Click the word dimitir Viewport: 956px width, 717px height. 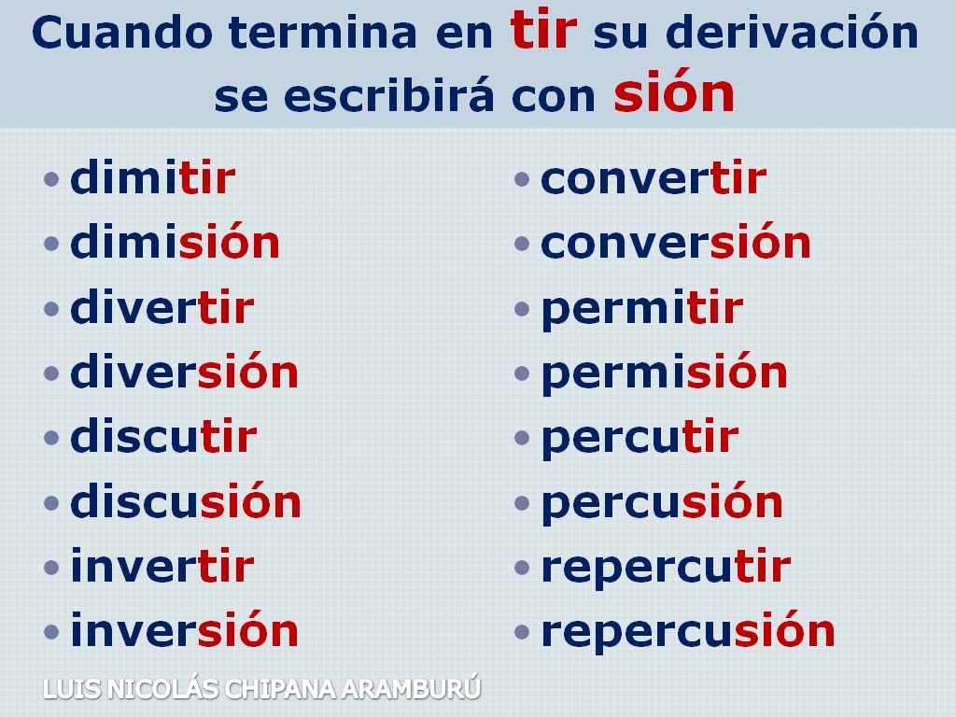click(x=152, y=177)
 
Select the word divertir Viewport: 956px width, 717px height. click(x=162, y=306)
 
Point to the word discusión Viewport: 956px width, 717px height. click(x=186, y=500)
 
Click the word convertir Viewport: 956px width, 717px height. click(x=654, y=178)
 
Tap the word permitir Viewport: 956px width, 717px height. click(x=642, y=310)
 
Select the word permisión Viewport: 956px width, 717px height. click(x=665, y=373)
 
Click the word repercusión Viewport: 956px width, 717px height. click(x=688, y=632)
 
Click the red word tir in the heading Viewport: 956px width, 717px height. click(x=543, y=30)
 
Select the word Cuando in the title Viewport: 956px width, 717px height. click(x=122, y=32)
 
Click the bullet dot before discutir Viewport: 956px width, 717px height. click(x=52, y=439)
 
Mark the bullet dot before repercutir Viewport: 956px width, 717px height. click(x=522, y=568)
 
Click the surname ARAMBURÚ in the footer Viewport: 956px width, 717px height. click(x=411, y=688)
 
